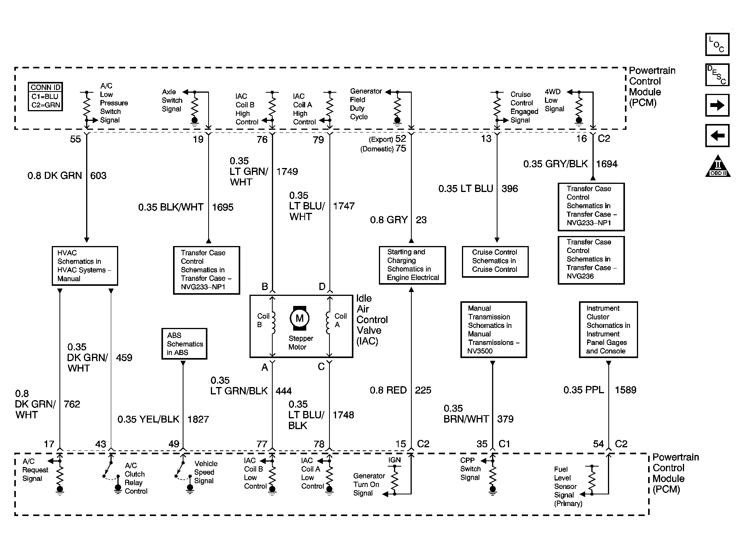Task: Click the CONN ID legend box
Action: tap(46, 97)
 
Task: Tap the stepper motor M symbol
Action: tap(299, 319)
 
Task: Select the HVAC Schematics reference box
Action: tap(85, 266)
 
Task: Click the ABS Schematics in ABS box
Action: tap(184, 344)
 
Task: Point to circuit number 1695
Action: tap(222, 207)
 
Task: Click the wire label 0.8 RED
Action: tap(388, 390)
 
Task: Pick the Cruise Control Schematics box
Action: tap(495, 261)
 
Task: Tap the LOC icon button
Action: tap(717, 44)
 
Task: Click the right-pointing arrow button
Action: tap(717, 105)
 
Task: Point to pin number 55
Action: tap(75, 139)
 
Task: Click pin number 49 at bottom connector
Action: tap(174, 444)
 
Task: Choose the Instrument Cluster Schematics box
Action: tap(608, 329)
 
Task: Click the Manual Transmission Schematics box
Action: tap(493, 329)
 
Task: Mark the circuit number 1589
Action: tap(625, 390)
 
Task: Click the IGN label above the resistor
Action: tap(394, 460)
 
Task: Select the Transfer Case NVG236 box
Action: tap(591, 260)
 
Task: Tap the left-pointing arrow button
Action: tap(717, 136)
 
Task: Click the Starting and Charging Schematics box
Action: tap(412, 265)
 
